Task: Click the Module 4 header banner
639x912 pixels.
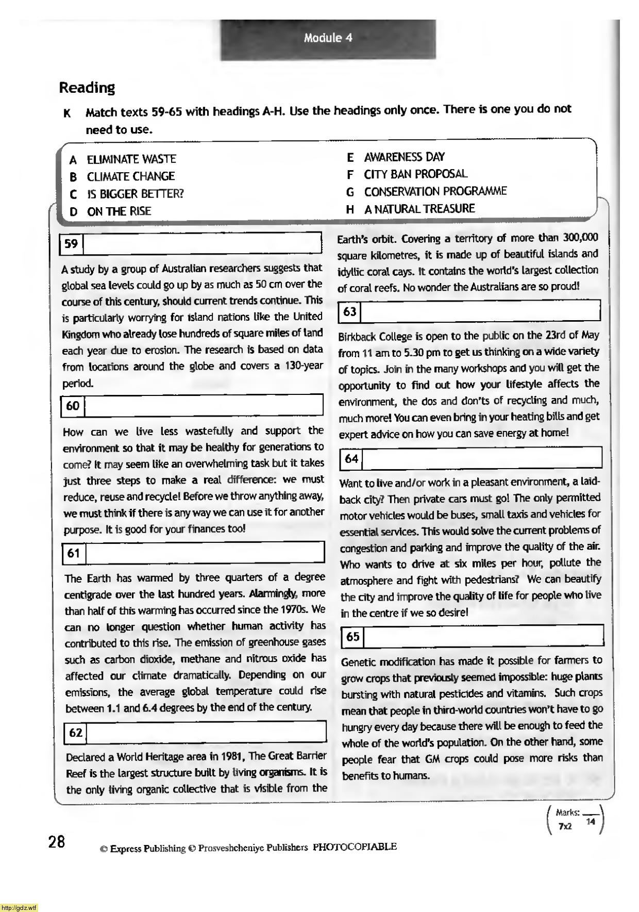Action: [x=328, y=38]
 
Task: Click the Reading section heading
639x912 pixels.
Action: [x=87, y=88]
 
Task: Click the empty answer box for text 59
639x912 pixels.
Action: [x=202, y=243]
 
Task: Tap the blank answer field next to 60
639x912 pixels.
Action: [x=203, y=406]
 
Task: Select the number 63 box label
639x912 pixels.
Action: [x=350, y=311]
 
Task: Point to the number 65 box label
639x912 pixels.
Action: [x=353, y=637]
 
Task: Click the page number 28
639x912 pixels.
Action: [x=57, y=841]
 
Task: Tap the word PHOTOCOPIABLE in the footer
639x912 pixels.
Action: [x=355, y=847]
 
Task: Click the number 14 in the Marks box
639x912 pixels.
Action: [x=591, y=822]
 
